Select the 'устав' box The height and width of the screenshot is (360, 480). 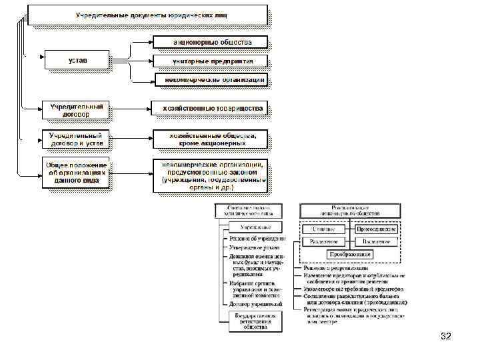pyautogui.click(x=77, y=61)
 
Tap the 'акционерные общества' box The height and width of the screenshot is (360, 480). pyautogui.click(x=210, y=42)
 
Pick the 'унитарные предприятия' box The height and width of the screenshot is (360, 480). pyautogui.click(x=210, y=61)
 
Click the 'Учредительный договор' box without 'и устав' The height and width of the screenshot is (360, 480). pyautogui.click(x=77, y=109)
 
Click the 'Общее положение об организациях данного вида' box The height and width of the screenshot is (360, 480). pyautogui.click(x=76, y=173)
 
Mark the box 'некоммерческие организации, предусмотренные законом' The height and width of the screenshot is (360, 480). pyautogui.click(x=210, y=175)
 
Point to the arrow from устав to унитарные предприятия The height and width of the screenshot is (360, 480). pyautogui.click(x=131, y=61)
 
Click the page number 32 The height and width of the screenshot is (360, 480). pyautogui.click(x=446, y=337)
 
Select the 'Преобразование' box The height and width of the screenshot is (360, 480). pyautogui.click(x=349, y=255)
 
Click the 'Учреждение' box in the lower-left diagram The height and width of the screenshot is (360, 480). pyautogui.click(x=249, y=228)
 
